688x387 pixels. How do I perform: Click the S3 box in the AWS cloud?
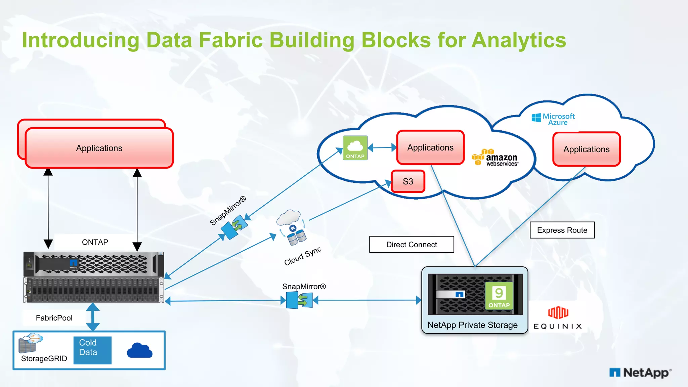[x=408, y=181]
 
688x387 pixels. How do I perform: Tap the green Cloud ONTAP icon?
[x=355, y=148]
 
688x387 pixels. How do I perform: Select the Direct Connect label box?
[x=412, y=245]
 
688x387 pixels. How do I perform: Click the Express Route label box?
[x=562, y=230]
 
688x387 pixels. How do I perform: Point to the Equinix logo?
[x=558, y=317]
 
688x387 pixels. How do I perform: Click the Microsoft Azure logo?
[x=553, y=119]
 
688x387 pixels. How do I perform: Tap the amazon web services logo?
[x=496, y=158]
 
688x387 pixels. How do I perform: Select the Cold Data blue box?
[x=92, y=350]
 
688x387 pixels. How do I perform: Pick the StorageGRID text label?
[x=44, y=358]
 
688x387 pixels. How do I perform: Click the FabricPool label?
[x=54, y=318]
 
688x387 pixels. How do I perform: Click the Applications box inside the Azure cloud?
[x=586, y=149]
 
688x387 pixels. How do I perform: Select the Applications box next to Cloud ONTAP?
[x=430, y=147]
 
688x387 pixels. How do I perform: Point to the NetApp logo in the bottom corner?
[x=640, y=373]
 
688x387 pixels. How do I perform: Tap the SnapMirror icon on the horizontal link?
[x=299, y=300]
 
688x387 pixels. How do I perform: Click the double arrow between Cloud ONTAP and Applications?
[x=382, y=147]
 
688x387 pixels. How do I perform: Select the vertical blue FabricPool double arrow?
[x=93, y=316]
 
